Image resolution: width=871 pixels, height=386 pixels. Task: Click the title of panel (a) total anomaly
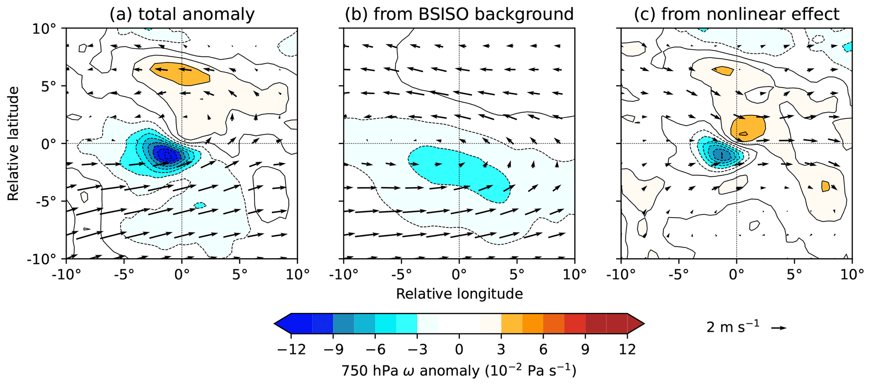click(182, 14)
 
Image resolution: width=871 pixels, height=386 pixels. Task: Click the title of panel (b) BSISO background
click(459, 14)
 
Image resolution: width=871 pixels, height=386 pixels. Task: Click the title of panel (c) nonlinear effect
click(737, 14)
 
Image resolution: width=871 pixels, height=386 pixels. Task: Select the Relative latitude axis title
click(13, 143)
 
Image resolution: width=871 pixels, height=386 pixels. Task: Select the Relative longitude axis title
click(459, 294)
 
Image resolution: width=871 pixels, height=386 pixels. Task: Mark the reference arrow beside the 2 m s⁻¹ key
click(779, 328)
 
